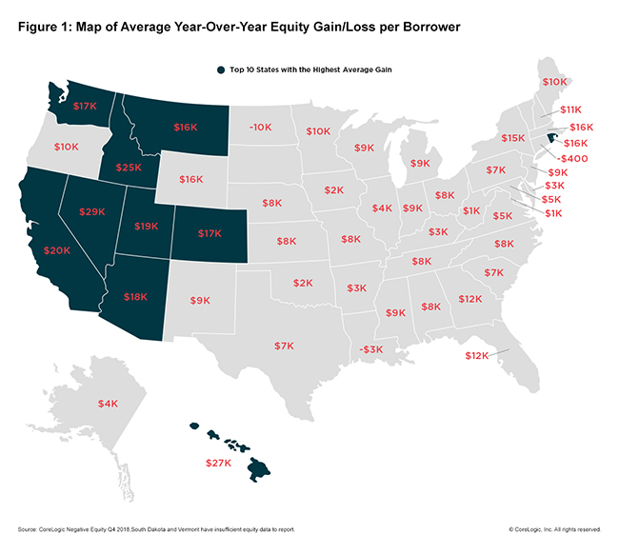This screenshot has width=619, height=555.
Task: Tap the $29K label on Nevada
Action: coord(91,210)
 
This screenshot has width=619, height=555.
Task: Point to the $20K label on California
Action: coord(56,250)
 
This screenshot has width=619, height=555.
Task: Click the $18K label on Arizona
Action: coord(134,297)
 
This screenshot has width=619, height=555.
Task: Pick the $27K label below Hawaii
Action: coord(220,464)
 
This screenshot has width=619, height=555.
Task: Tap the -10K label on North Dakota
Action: coord(259,127)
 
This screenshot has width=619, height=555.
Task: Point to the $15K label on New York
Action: coord(513,138)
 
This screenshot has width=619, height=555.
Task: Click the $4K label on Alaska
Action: coord(109,404)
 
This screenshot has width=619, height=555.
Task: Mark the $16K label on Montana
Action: coord(186,126)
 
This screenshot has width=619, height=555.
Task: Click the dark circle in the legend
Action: coord(209,69)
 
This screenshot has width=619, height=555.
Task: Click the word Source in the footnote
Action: coord(29,527)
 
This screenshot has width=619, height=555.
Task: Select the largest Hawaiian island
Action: coord(260,467)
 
